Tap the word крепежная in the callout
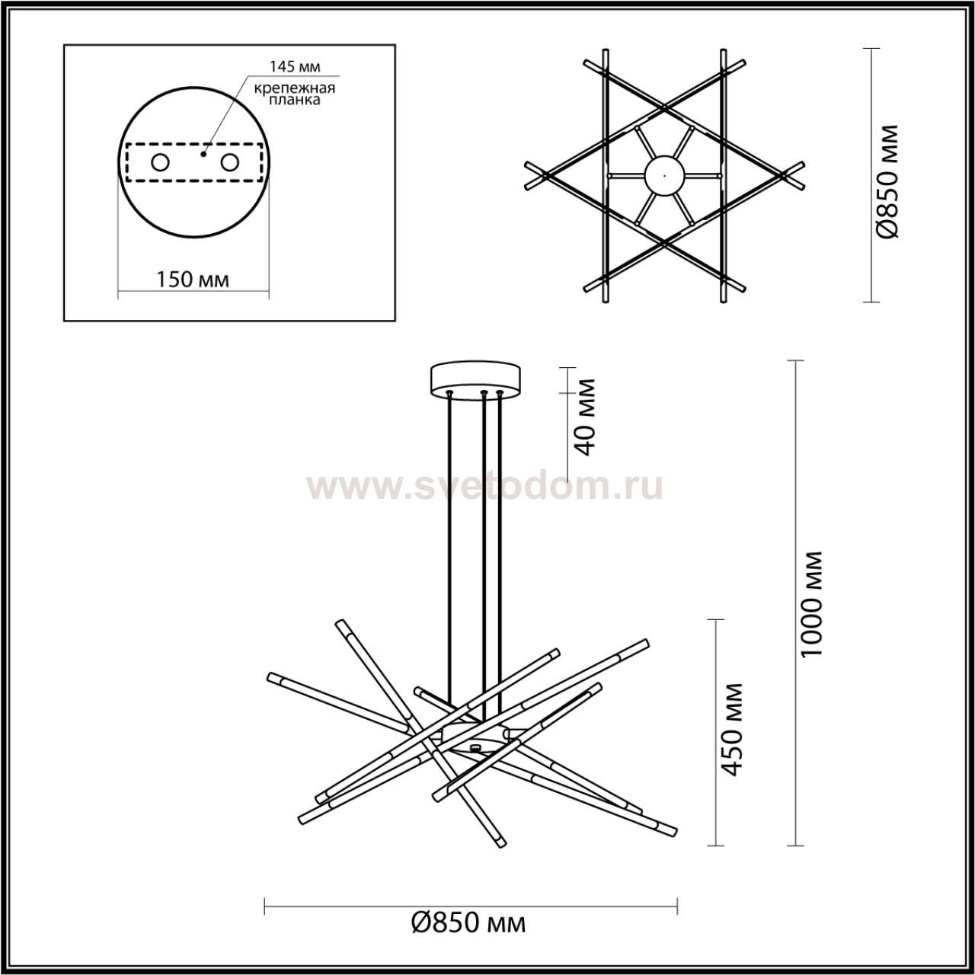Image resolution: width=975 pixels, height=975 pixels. (295, 88)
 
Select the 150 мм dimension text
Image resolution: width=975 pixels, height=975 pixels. (192, 280)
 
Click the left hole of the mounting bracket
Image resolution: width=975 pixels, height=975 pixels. (161, 163)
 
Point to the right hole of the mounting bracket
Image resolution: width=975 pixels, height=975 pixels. (229, 163)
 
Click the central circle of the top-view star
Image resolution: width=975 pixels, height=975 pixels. (663, 175)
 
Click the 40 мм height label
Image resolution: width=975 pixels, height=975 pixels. (587, 417)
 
